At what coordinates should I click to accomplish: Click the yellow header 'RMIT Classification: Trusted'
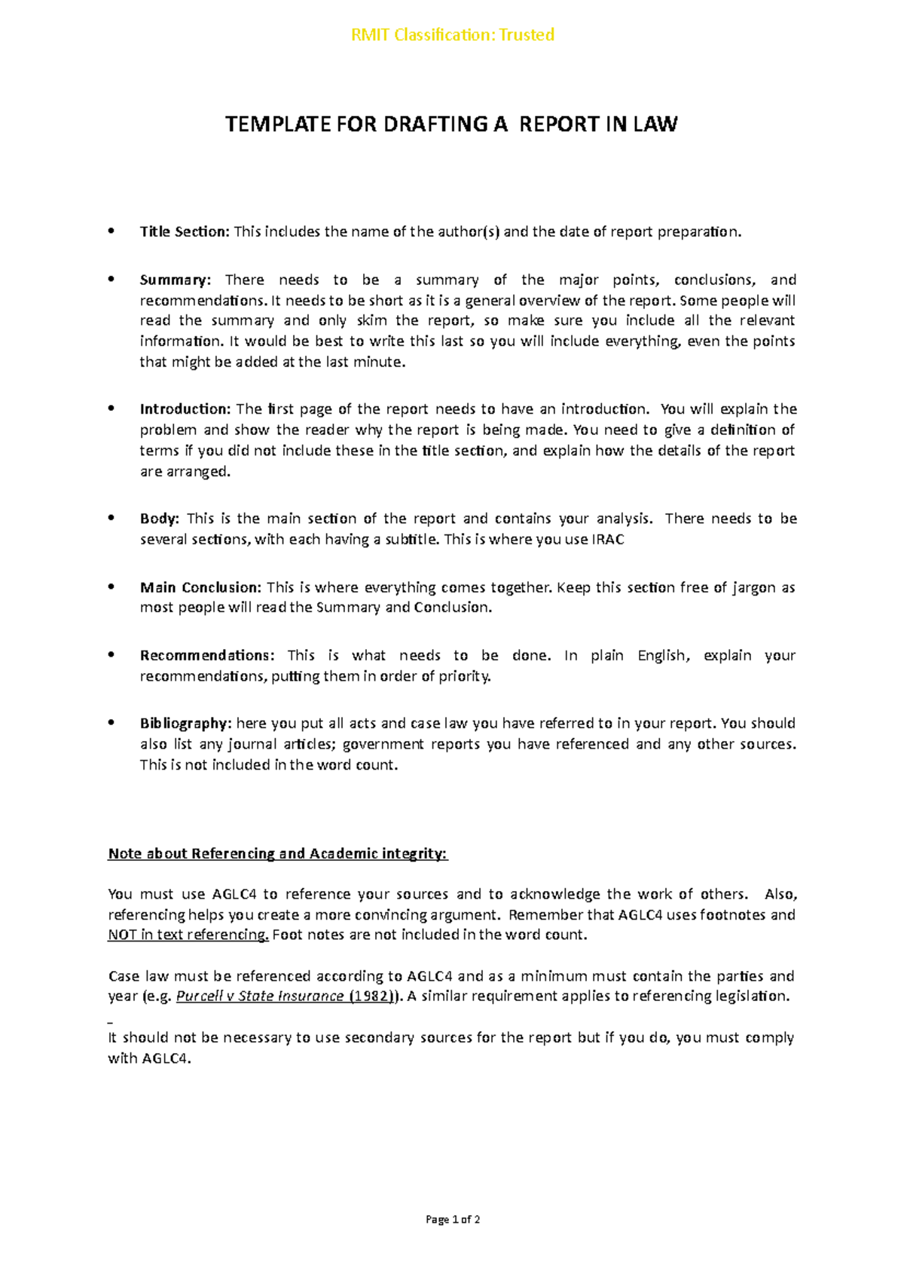(x=453, y=35)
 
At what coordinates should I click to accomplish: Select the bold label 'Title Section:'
(x=184, y=231)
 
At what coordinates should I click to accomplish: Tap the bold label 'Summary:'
(x=176, y=280)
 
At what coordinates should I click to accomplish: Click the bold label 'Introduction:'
(x=185, y=409)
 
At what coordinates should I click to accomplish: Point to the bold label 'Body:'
(x=159, y=519)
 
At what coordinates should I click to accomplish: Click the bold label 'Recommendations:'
(x=207, y=655)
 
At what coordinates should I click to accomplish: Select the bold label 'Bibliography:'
(x=185, y=724)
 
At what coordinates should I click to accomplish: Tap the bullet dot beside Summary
(x=111, y=279)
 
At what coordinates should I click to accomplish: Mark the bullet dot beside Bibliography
(x=111, y=722)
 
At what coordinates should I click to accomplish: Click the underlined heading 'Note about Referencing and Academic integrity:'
(x=277, y=853)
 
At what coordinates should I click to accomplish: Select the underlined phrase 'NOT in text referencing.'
(x=188, y=935)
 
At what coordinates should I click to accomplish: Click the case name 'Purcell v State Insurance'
(x=259, y=996)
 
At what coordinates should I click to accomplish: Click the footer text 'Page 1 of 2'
(x=453, y=1220)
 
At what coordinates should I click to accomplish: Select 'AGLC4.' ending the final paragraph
(x=166, y=1058)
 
